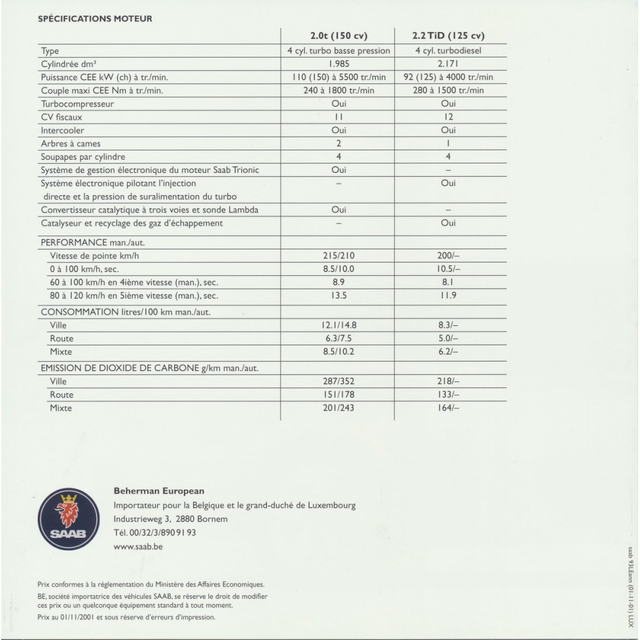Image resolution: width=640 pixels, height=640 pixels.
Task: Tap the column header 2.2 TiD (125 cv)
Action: point(449,35)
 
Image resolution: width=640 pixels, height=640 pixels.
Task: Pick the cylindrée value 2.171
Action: point(449,64)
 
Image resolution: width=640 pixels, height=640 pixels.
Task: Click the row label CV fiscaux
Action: point(61,117)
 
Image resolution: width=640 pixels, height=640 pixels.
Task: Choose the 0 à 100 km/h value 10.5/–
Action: point(449,269)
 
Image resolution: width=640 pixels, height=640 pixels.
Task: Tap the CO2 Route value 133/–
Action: point(449,394)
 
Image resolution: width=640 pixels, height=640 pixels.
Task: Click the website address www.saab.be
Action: point(138,547)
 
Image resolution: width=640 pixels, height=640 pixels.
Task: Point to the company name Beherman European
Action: point(159,492)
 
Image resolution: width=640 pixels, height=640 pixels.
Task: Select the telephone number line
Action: point(154,532)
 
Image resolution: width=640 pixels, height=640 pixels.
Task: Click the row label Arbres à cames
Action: point(71,143)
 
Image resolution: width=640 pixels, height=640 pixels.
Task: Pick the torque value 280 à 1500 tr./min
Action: point(449,90)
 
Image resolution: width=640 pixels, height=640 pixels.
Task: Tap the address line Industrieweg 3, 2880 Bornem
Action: point(170,519)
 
